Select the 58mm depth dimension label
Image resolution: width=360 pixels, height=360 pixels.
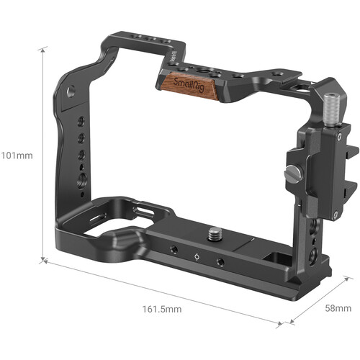[336, 308]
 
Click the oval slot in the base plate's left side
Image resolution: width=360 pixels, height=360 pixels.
[97, 217]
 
